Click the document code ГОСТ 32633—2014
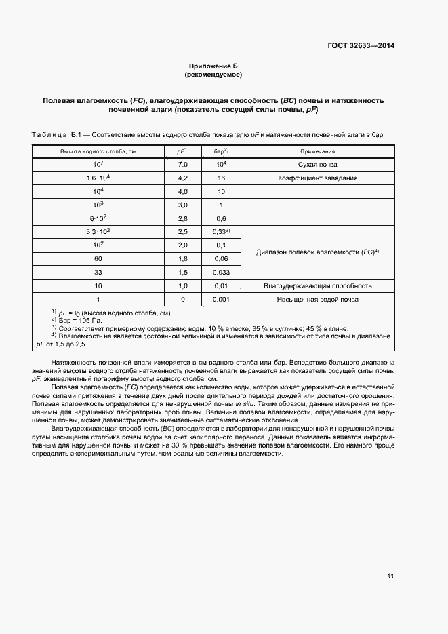(x=359, y=46)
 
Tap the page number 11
(x=390, y=576)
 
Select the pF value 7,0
(x=182, y=165)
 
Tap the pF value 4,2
(x=182, y=178)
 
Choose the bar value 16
(x=220, y=178)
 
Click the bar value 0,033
(x=220, y=272)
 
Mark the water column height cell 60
(x=98, y=258)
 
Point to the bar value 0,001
(x=220, y=299)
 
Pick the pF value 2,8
(x=182, y=218)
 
